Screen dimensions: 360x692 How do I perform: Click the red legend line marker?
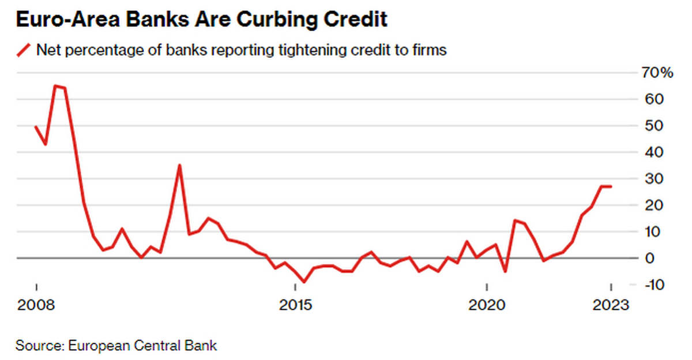pyautogui.click(x=23, y=50)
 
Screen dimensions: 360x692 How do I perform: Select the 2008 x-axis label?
pyautogui.click(x=36, y=304)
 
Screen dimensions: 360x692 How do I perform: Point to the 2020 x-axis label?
pyautogui.click(x=487, y=304)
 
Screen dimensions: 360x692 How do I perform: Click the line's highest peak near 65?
pyautogui.click(x=55, y=86)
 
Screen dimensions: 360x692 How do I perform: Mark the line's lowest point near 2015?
pyautogui.click(x=304, y=282)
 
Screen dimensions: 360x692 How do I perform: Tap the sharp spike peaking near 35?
pyautogui.click(x=180, y=166)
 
